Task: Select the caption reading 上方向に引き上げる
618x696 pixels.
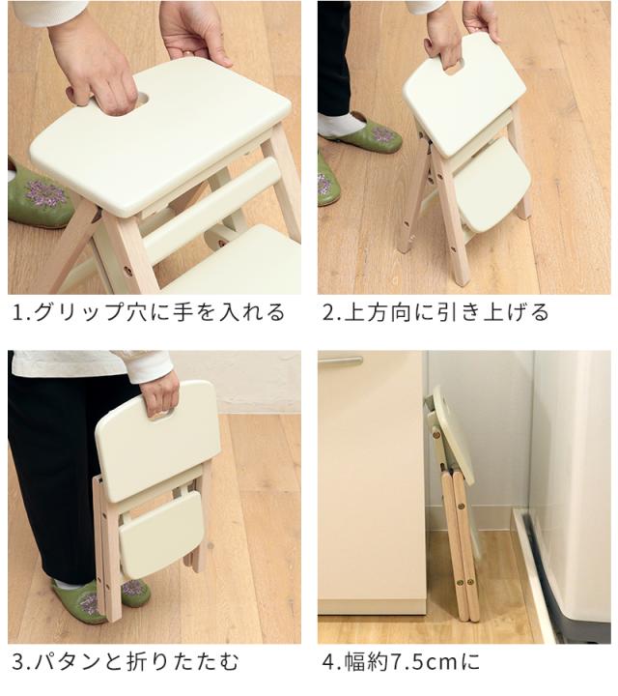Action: point(446,312)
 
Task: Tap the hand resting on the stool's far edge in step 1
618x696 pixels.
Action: point(197,29)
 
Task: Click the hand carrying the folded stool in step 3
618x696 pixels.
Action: point(159,391)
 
